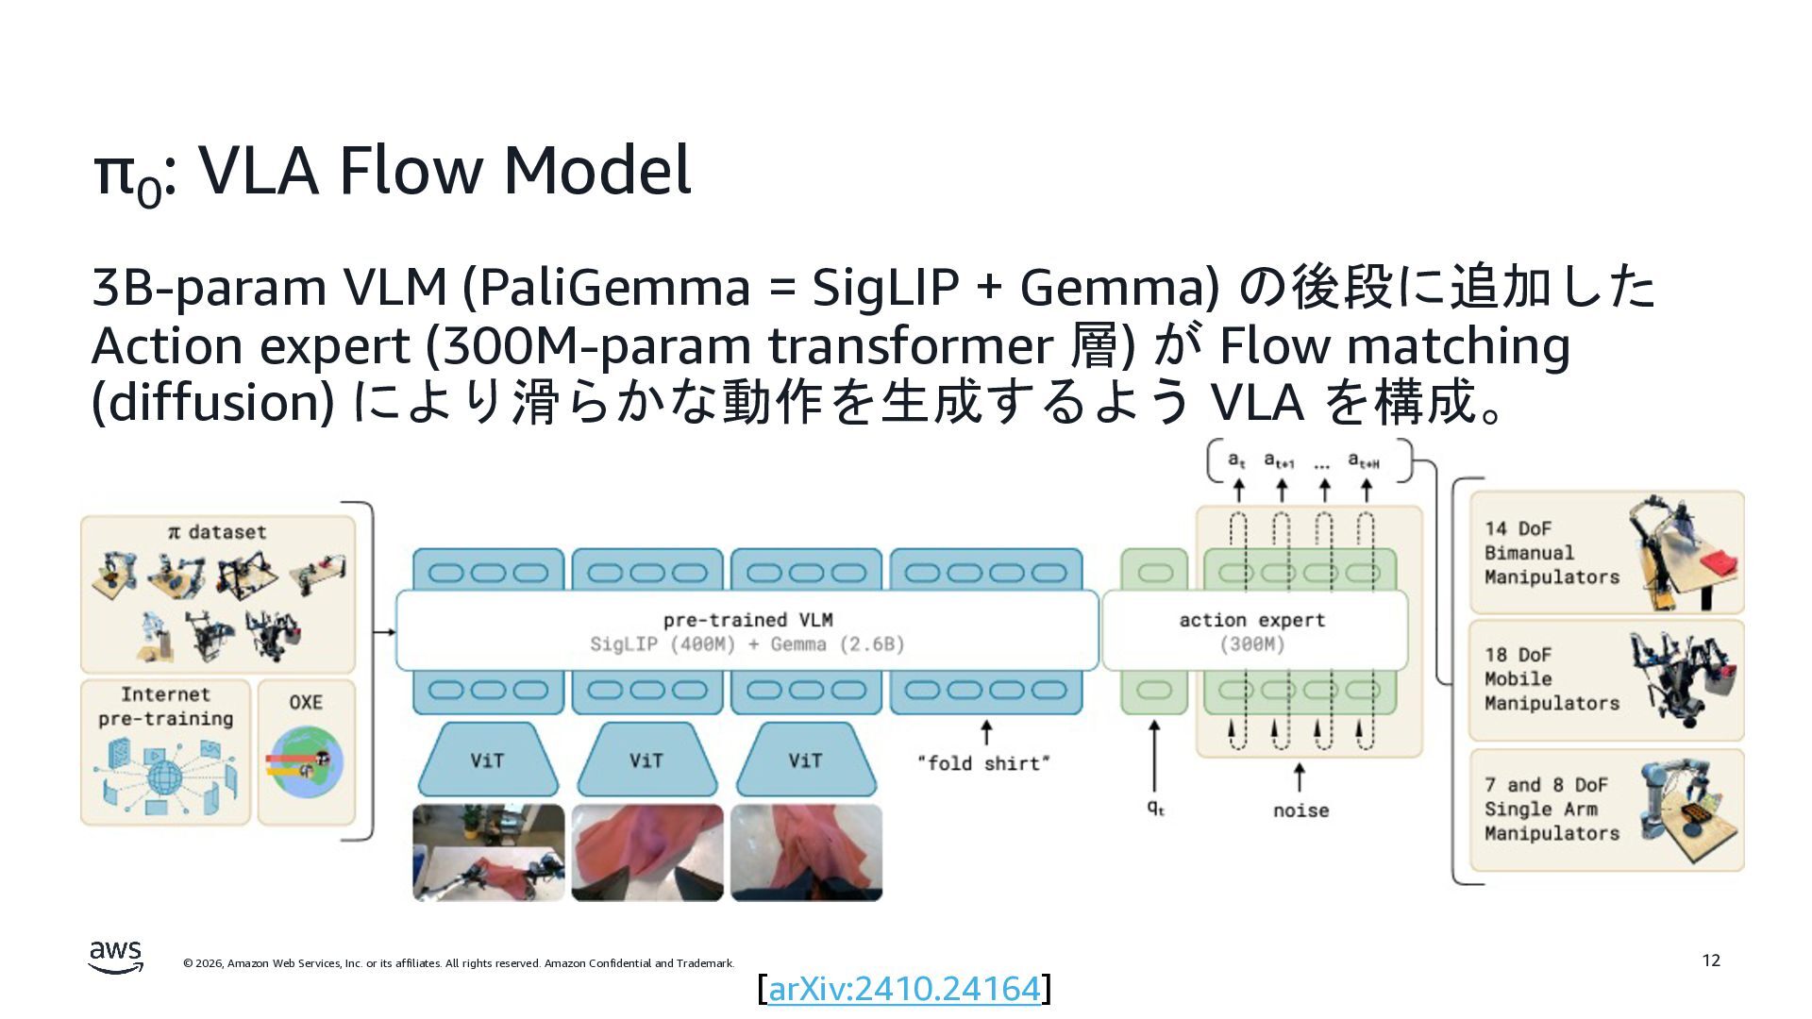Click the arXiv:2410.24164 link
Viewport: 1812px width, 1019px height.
click(904, 989)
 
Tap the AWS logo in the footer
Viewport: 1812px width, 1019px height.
click(115, 957)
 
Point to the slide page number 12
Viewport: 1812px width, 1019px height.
click(1711, 961)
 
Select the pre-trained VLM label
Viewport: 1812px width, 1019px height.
click(747, 620)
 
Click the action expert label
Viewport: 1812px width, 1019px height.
click(1251, 620)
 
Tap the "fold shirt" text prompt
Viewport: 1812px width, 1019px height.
click(983, 763)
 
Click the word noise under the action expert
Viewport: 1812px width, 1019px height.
click(1300, 810)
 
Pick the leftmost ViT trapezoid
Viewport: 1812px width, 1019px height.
click(487, 760)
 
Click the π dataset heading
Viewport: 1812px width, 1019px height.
click(217, 532)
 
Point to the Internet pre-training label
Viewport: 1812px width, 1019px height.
click(165, 707)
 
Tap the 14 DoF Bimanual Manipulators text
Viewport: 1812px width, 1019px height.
click(1551, 553)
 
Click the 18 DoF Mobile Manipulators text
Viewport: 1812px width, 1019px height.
click(1551, 679)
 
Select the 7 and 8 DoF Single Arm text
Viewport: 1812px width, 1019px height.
click(1551, 810)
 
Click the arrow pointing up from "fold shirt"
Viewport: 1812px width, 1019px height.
click(986, 732)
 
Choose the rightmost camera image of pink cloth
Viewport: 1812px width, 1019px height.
click(806, 852)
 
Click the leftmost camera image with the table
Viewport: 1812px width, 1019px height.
click(488, 852)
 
